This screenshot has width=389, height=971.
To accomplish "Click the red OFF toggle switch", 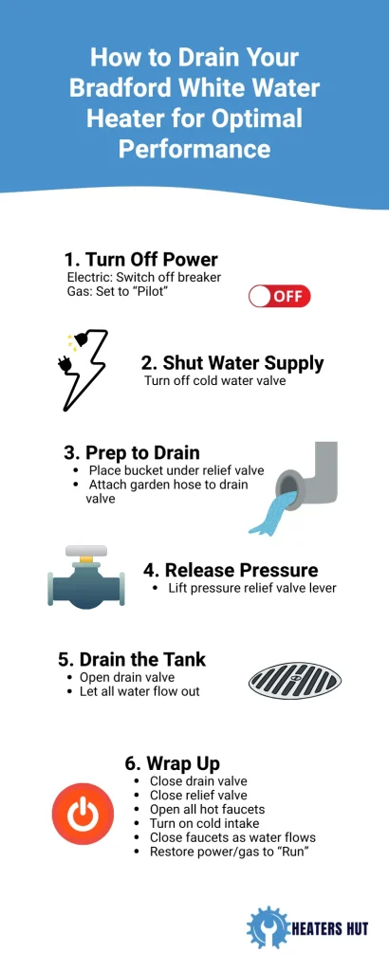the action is pyautogui.click(x=279, y=296).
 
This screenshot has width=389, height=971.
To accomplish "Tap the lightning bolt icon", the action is pyautogui.click(x=83, y=370).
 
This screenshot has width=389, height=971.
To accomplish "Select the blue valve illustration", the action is pyautogui.click(x=86, y=577).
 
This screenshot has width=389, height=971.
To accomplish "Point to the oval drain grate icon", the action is pyautogui.click(x=295, y=681).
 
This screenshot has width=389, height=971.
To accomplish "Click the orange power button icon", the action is pyautogui.click(x=83, y=814).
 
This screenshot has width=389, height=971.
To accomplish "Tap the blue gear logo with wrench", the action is pyautogui.click(x=269, y=927).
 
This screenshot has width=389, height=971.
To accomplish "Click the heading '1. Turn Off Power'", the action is pyautogui.click(x=141, y=260).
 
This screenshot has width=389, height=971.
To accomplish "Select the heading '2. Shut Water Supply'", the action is pyautogui.click(x=232, y=363).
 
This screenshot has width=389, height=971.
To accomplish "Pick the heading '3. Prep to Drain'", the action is pyautogui.click(x=132, y=452).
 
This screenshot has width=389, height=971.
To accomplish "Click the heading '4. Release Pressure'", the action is pyautogui.click(x=232, y=570).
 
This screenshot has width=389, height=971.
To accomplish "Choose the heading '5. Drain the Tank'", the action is pyautogui.click(x=132, y=659).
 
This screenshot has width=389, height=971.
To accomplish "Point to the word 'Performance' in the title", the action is pyautogui.click(x=194, y=149).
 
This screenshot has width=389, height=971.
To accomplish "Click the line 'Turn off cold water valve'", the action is pyautogui.click(x=215, y=381).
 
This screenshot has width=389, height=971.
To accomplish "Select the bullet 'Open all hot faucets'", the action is pyautogui.click(x=207, y=810).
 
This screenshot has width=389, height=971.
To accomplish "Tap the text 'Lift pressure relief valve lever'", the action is pyautogui.click(x=252, y=588).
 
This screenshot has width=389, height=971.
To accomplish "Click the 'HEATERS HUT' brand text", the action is pyautogui.click(x=330, y=928).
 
